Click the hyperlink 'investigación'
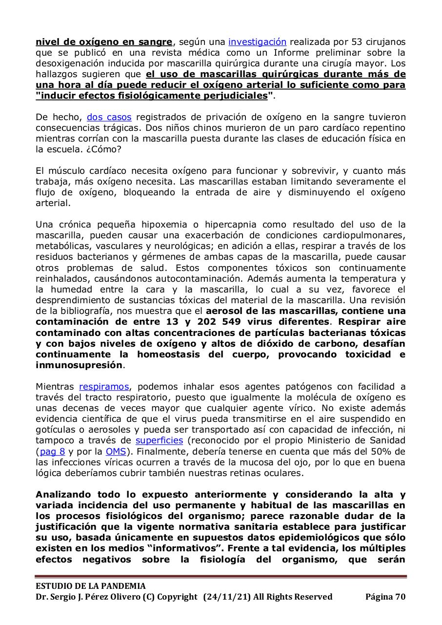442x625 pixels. click(x=257, y=42)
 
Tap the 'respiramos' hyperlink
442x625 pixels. click(x=103, y=387)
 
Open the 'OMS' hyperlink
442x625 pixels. click(x=115, y=451)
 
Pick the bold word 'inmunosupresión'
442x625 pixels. click(x=79, y=365)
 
